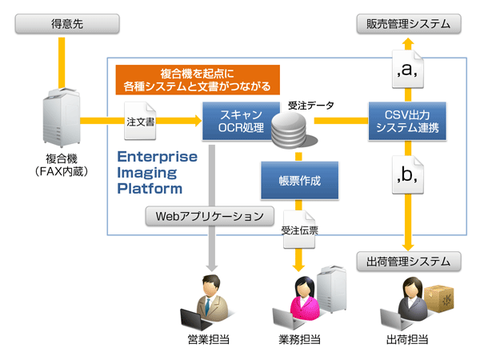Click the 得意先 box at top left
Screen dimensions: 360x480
tap(61, 25)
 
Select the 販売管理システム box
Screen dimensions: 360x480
tap(409, 25)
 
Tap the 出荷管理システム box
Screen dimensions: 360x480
tap(409, 261)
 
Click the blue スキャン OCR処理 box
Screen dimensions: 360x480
tap(231, 120)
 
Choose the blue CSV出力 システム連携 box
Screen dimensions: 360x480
tap(409, 120)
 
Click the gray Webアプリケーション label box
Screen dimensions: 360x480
tap(209, 215)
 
